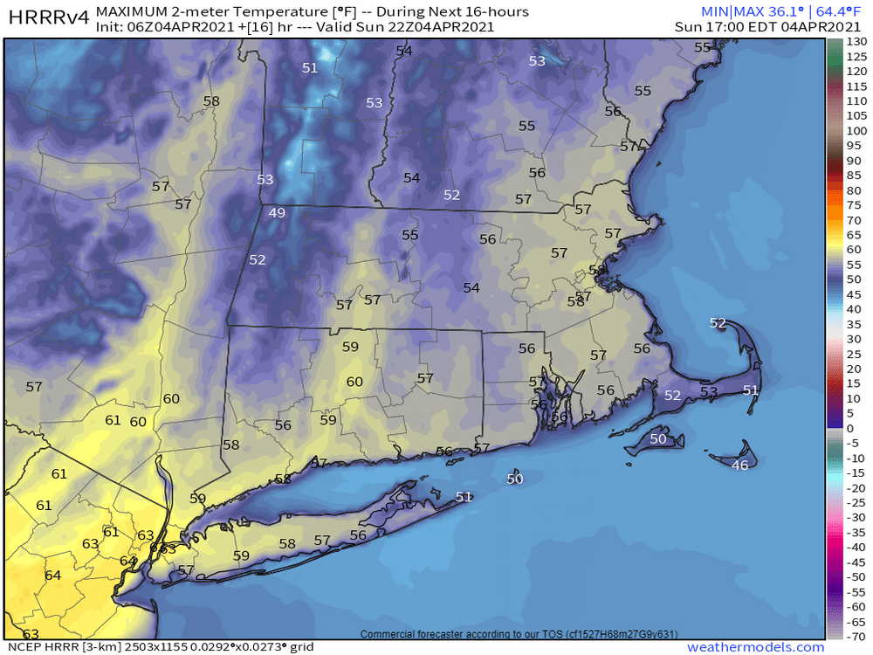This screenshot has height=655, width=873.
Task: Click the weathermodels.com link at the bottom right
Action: pyautogui.click(x=755, y=647)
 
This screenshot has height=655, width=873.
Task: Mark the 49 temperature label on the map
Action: pyautogui.click(x=277, y=213)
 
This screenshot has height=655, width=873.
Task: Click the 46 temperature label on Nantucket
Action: pyautogui.click(x=739, y=465)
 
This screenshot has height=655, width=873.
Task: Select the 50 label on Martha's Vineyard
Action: pyautogui.click(x=658, y=438)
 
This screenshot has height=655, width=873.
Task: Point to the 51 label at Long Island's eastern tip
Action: pyautogui.click(x=464, y=497)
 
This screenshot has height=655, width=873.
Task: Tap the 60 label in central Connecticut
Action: pyautogui.click(x=354, y=382)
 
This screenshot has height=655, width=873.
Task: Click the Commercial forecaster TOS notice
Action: pyautogui.click(x=519, y=634)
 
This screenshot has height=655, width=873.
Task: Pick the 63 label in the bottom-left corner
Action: pyautogui.click(x=31, y=634)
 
